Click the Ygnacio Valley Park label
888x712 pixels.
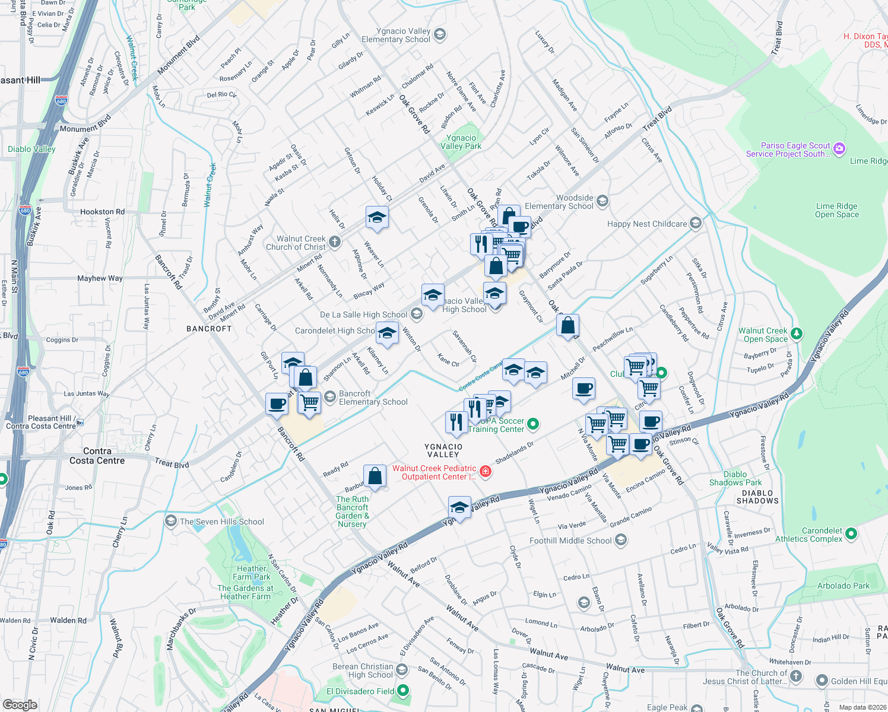[461, 142]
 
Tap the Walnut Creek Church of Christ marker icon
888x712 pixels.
[335, 241]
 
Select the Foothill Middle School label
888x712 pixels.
[570, 541]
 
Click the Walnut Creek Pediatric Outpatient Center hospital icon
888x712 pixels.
[486, 472]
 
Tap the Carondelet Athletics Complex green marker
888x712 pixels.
[851, 534]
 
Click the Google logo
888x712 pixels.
[20, 704]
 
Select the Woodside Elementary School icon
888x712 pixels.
[602, 202]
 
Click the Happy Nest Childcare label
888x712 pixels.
[647, 224]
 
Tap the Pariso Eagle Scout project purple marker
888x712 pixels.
[839, 149]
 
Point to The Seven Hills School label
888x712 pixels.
[222, 522]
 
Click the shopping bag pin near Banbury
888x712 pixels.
[375, 476]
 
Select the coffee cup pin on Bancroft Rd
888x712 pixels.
[277, 404]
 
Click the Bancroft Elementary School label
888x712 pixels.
[373, 398]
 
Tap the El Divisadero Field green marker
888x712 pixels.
[403, 691]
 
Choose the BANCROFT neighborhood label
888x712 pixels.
[209, 329]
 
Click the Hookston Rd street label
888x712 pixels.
[102, 212]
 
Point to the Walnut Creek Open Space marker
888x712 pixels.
[797, 334]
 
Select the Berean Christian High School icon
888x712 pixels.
[402, 670]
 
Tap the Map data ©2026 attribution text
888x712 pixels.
[860, 707]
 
